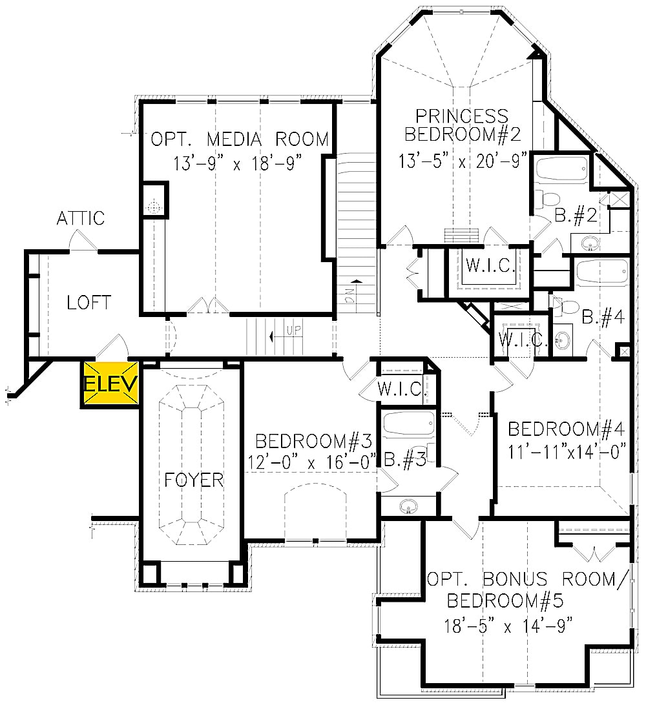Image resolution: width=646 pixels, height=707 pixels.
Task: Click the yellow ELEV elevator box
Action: click(110, 385)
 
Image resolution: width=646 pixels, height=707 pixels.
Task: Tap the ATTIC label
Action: click(80, 218)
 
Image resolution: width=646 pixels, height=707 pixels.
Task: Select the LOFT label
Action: click(89, 302)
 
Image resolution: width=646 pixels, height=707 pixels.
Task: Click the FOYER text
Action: click(194, 480)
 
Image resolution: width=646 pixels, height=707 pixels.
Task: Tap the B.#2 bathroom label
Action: click(575, 217)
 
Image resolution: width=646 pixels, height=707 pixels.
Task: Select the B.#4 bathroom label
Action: click(601, 316)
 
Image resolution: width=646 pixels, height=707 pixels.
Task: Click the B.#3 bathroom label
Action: click(402, 459)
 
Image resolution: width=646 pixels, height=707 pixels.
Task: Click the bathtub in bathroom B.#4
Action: click(601, 272)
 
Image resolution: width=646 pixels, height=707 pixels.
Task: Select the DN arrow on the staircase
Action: click(355, 294)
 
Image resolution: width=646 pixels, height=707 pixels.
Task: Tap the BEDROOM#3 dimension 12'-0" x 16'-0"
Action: click(311, 463)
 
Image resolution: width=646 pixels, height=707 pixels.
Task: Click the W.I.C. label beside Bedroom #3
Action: click(401, 390)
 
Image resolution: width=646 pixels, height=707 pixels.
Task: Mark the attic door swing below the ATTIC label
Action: click(83, 242)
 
